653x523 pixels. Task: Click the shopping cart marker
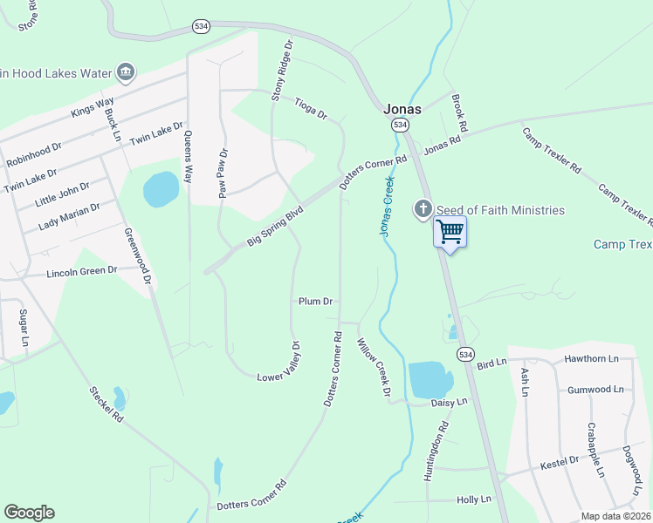(x=450, y=232)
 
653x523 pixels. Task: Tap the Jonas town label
(x=402, y=109)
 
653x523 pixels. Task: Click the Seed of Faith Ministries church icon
(x=423, y=209)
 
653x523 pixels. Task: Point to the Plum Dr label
(x=316, y=302)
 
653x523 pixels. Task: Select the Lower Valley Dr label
(x=282, y=364)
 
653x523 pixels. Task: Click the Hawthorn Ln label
(x=591, y=358)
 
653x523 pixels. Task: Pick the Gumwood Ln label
(x=595, y=390)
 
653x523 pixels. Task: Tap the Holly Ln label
(x=474, y=499)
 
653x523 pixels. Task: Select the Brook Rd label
(x=460, y=114)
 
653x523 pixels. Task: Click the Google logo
(x=29, y=513)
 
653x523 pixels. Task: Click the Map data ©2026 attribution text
(x=615, y=516)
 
